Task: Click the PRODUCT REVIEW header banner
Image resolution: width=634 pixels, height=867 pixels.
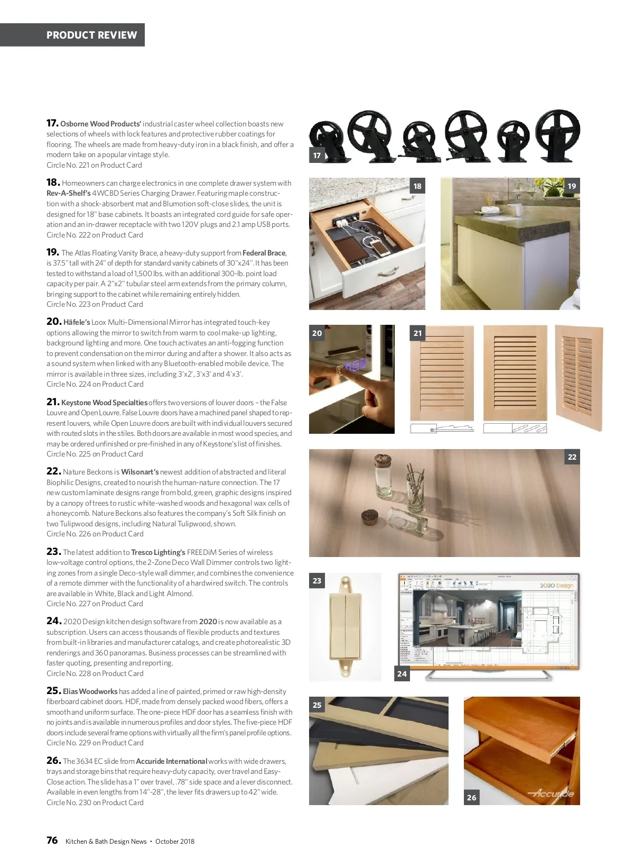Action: [72, 35]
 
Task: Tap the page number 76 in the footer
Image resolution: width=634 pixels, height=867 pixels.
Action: [52, 841]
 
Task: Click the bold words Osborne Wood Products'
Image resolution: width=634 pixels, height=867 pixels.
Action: [100, 124]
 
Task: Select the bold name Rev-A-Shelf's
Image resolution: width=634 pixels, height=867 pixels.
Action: [69, 193]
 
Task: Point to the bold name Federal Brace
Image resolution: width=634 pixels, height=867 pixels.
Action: [264, 253]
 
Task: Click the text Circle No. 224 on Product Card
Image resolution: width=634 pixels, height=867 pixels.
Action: [95, 384]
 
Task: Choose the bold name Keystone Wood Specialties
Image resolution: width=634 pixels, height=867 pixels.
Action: [105, 403]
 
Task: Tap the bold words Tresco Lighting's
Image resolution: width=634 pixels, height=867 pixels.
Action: [158, 552]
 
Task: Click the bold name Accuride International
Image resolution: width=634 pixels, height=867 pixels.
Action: [172, 761]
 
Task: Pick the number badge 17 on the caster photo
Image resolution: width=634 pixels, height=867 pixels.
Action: [317, 155]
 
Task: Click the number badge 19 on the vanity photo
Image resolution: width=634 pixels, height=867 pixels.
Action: [572, 186]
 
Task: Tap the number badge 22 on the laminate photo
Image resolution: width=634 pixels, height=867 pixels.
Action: [572, 457]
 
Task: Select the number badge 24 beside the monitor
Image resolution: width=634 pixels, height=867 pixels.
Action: [402, 673]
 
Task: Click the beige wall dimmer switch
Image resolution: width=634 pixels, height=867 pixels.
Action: [345, 627]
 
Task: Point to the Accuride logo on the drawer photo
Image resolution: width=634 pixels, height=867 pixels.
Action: [551, 793]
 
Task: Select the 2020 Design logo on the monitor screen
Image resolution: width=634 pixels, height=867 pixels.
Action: [556, 586]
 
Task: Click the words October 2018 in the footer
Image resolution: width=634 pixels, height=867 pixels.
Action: [175, 841]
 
